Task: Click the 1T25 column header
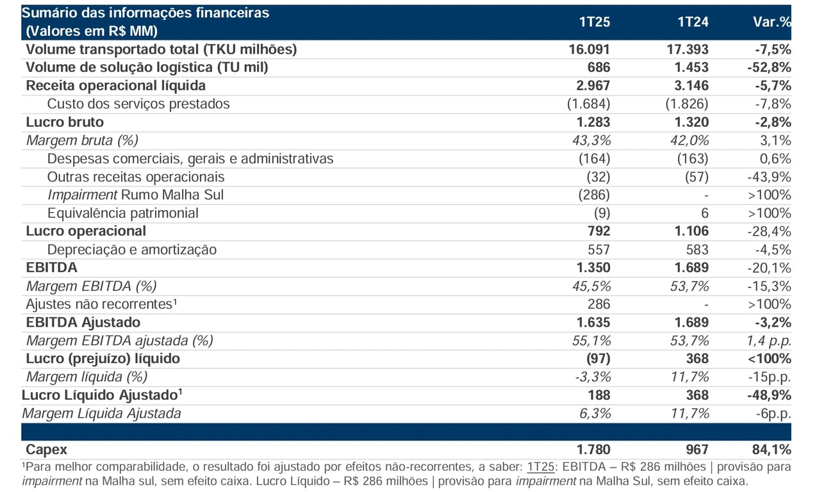pos(595,22)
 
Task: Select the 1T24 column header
pos(693,22)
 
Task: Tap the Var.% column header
pos(772,22)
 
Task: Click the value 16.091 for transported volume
pos(590,49)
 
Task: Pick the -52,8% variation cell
pos(769,67)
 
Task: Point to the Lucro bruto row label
pos(65,122)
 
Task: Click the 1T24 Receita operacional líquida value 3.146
pos(691,86)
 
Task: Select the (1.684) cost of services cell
pos(588,104)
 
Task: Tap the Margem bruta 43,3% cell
pos(591,140)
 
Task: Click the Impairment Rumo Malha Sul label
pos(135,195)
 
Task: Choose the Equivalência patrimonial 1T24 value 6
pos(705,213)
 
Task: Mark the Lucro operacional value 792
pos(599,231)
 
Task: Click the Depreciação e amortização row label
pos(132,250)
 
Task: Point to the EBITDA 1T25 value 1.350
pos(593,268)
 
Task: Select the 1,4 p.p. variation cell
pos(769,341)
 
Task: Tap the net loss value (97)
pos(598,359)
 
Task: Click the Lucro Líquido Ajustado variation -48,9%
pos(769,395)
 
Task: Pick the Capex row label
pos(46,450)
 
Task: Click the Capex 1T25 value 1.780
pos(593,450)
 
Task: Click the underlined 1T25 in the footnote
pos(541,467)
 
